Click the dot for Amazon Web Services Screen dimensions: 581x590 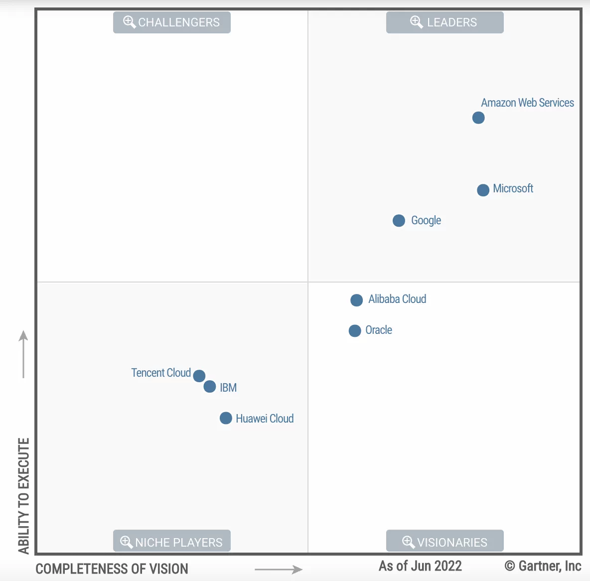click(x=478, y=118)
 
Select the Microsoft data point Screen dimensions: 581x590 click(x=483, y=190)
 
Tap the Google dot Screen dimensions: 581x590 click(x=399, y=220)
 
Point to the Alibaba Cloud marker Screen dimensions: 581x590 click(x=356, y=300)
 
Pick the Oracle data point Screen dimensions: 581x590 click(x=355, y=331)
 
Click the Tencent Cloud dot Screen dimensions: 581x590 click(x=199, y=376)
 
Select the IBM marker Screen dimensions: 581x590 click(x=210, y=387)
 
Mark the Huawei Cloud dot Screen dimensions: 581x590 click(x=226, y=418)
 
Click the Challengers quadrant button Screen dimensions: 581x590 click(x=172, y=22)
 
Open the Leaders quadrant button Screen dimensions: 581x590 click(x=444, y=22)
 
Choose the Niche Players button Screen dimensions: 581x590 click(x=172, y=542)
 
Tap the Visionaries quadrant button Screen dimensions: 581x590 click(x=444, y=542)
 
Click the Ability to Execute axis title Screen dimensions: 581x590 click(x=23, y=496)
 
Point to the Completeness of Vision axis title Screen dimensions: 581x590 click(x=112, y=569)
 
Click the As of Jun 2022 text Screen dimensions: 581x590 click(x=420, y=566)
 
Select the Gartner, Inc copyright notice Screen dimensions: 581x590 click(x=543, y=566)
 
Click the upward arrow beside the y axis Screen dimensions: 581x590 click(x=23, y=354)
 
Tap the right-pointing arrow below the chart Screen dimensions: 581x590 click(x=278, y=569)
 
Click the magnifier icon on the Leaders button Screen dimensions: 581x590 click(x=416, y=22)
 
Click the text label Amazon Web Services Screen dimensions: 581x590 click(x=527, y=103)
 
